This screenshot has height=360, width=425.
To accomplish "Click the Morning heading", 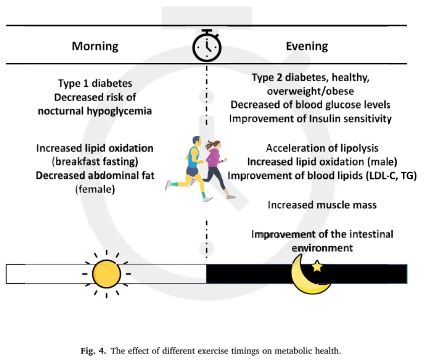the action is click(x=95, y=46).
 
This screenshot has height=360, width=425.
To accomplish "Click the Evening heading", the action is click(x=307, y=46).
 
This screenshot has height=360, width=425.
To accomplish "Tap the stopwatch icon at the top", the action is click(x=207, y=45).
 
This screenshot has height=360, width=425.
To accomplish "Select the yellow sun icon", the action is click(x=106, y=274).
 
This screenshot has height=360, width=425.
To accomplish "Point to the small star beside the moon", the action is click(x=317, y=266).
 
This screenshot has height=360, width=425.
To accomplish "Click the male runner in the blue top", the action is click(x=190, y=168).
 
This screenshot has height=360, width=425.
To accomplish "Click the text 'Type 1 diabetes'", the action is click(x=95, y=84).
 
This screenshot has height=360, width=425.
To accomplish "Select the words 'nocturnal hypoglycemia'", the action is click(x=95, y=111).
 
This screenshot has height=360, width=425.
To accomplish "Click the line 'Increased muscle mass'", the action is click(x=322, y=205).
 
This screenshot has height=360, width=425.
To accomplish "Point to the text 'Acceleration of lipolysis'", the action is click(x=322, y=148).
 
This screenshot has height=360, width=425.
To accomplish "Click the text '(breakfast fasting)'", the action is click(x=95, y=162).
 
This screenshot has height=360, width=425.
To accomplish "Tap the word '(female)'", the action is click(x=95, y=189).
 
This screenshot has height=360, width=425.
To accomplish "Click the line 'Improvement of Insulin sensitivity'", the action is click(x=310, y=119).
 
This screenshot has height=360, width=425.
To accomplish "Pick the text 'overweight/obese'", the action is click(x=310, y=92).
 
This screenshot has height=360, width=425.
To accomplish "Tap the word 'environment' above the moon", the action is click(x=322, y=248).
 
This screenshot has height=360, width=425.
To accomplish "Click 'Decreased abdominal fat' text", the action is click(x=95, y=176).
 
